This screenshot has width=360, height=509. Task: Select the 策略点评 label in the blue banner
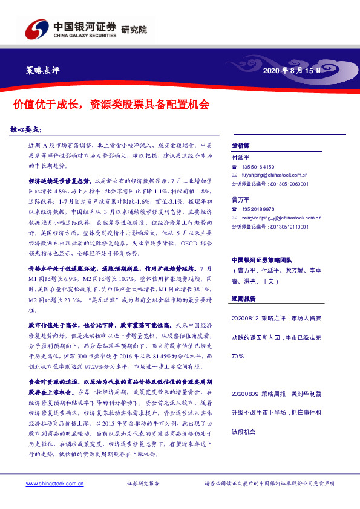[43, 70]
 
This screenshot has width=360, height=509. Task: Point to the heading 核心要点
[34, 129]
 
